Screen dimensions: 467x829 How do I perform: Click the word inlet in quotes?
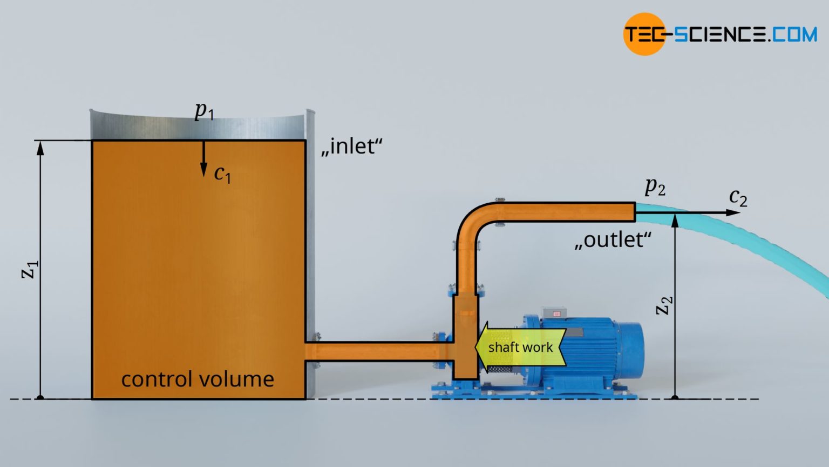tap(352, 146)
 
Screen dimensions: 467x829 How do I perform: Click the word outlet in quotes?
tap(613, 239)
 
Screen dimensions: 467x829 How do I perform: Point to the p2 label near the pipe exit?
tap(655, 186)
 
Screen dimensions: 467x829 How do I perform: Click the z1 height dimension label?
tap(30, 269)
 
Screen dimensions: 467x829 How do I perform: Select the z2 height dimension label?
tap(664, 305)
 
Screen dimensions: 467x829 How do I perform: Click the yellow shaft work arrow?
tap(520, 347)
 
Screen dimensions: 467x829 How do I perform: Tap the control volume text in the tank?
tap(198, 379)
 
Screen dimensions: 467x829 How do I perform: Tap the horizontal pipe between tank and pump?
tap(378, 352)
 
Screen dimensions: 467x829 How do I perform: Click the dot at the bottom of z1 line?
tap(40, 398)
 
